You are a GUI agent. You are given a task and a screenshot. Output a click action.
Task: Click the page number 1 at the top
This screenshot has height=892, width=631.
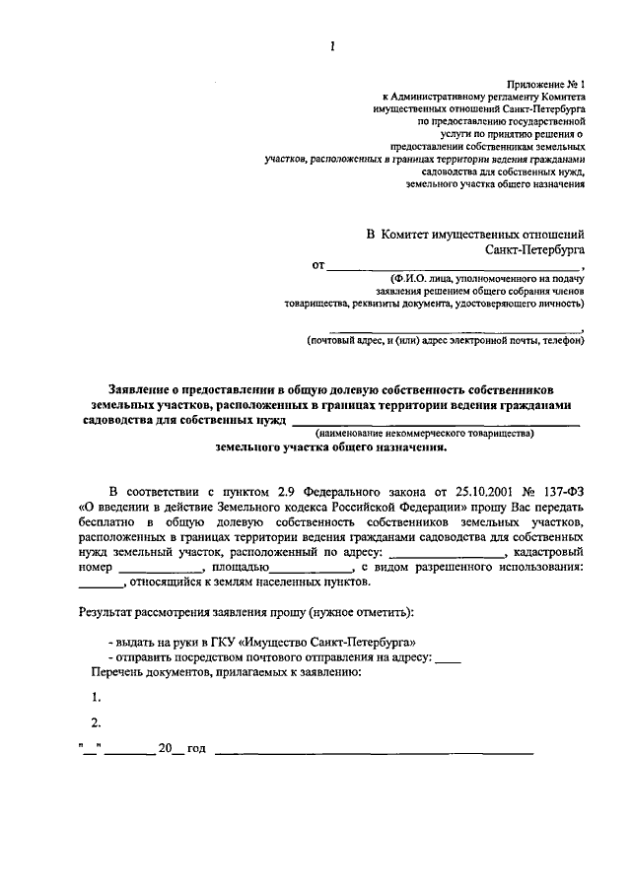coord(333,46)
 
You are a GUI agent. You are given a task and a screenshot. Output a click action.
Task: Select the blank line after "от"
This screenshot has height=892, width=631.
coord(454,268)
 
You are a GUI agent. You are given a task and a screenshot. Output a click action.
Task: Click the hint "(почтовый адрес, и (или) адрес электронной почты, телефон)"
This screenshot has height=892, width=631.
coord(445,341)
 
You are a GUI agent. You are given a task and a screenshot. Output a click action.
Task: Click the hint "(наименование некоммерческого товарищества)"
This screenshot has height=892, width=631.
coord(424,433)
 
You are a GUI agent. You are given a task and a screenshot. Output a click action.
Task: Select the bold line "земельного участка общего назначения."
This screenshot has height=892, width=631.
coord(331,446)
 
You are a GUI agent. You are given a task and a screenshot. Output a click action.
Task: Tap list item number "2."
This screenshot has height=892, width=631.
coord(96,721)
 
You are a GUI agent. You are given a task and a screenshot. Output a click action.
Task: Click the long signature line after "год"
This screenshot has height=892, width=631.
coord(374,752)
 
